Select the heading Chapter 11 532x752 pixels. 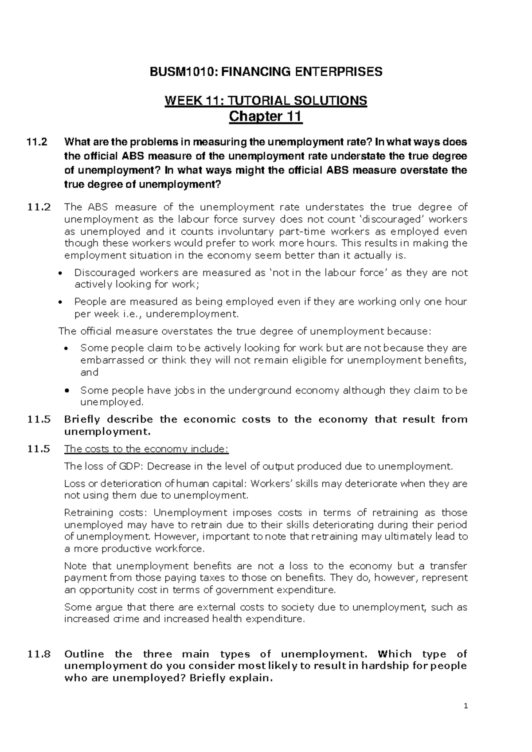point(265,117)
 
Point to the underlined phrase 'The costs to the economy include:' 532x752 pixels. point(146,449)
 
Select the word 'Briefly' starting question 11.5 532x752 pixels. point(82,419)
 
